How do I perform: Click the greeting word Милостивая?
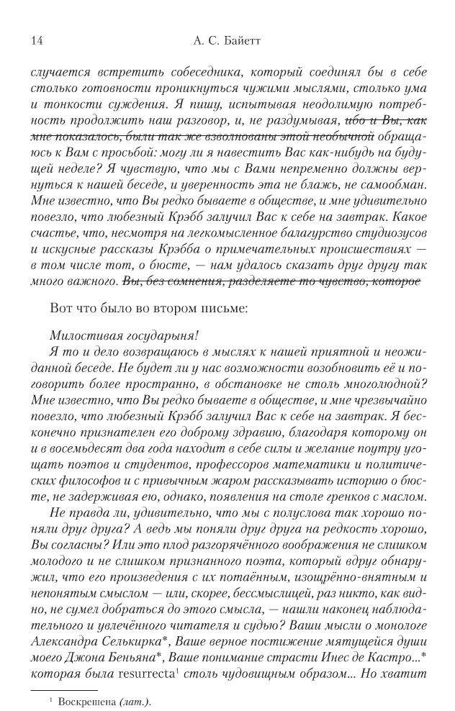pyautogui.click(x=85, y=337)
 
